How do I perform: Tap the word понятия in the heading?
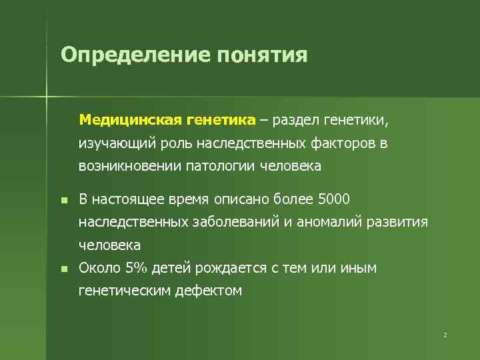point(261,55)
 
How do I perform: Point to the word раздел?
point(294,120)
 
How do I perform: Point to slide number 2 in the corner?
point(445,335)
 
